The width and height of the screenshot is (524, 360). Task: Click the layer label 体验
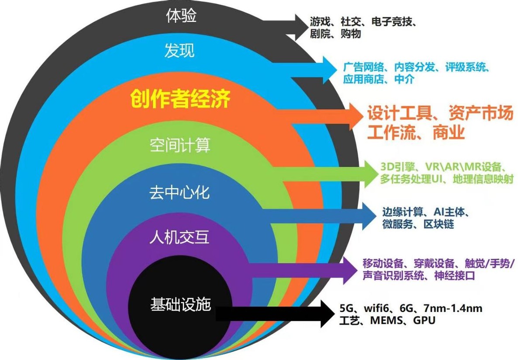(x=181, y=17)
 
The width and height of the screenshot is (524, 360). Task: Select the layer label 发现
(x=179, y=50)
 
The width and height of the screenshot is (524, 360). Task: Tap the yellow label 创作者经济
(x=180, y=99)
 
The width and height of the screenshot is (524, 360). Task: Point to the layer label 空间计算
(x=179, y=145)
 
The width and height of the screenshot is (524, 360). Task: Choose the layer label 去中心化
(x=179, y=192)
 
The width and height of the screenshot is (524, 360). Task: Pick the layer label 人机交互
(x=179, y=238)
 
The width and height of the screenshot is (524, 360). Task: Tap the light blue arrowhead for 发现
(x=329, y=70)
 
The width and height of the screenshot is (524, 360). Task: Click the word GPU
(x=424, y=320)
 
